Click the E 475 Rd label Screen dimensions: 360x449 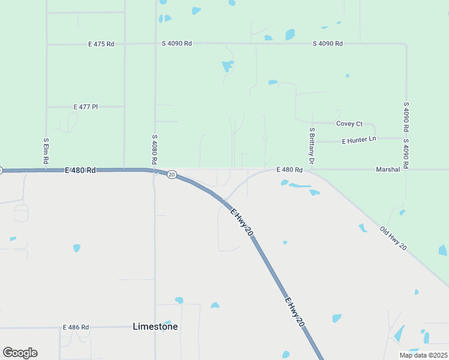pos(101,44)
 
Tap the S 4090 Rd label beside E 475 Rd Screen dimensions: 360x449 pos(176,43)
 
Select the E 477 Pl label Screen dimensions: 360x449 pos(85,107)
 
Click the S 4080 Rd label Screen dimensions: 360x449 pos(154,150)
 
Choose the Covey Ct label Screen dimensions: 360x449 pos(349,124)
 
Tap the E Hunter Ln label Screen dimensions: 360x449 pos(358,140)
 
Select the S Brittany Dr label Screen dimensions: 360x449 pos(312,146)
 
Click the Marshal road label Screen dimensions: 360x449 pos(388,170)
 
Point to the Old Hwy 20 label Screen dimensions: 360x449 pos(394,238)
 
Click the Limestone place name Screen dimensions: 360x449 pos(155,326)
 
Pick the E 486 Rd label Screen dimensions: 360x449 pos(76,328)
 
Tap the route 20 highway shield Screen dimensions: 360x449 pos(172,175)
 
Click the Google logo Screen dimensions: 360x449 pos(20,352)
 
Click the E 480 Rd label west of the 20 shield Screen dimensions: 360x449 pos(80,170)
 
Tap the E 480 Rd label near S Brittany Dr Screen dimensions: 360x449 pos(289,170)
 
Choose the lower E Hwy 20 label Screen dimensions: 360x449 pos(294,312)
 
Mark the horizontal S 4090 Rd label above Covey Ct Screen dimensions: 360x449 pos(328,43)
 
